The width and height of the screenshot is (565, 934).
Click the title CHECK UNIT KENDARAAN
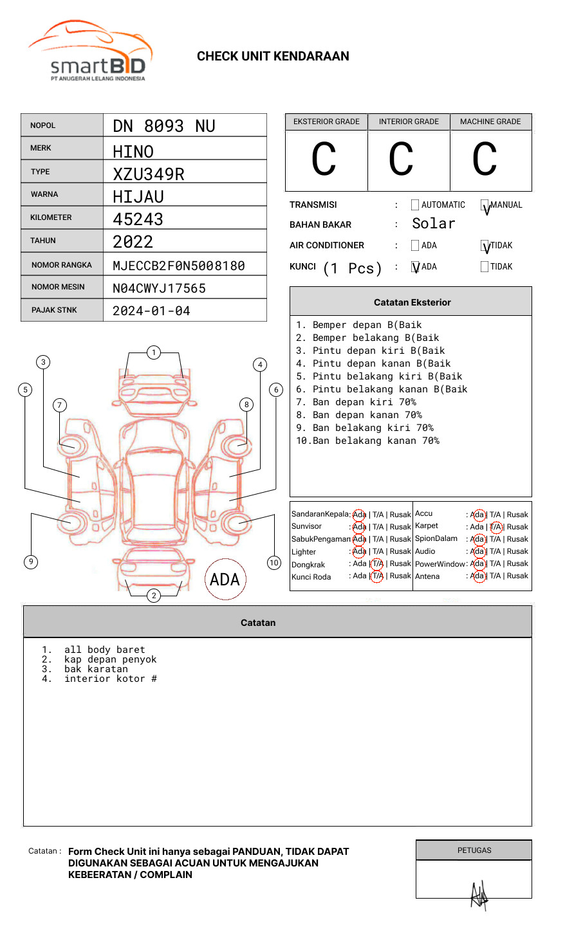tap(273, 57)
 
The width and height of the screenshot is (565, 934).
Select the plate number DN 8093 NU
tap(164, 126)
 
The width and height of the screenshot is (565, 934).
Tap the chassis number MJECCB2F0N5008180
tap(179, 266)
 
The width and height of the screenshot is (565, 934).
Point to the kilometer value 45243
tap(138, 219)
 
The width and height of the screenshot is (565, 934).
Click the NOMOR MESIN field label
tap(58, 287)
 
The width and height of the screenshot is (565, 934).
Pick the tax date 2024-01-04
tap(151, 311)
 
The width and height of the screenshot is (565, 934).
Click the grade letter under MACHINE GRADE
tap(485, 160)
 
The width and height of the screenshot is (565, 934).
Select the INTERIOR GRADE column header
tap(409, 122)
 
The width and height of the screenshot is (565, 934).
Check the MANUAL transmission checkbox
tap(485, 205)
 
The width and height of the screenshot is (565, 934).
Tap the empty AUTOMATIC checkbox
tap(415, 205)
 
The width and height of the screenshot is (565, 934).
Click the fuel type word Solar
tap(433, 224)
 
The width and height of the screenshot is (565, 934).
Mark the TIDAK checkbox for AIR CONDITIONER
tap(485, 246)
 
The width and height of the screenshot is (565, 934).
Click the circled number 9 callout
tap(31, 562)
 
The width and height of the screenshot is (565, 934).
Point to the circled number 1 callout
tap(153, 352)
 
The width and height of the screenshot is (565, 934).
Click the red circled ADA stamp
tap(225, 580)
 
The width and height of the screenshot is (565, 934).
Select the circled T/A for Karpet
tap(496, 527)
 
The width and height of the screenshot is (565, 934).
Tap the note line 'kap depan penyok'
tap(110, 659)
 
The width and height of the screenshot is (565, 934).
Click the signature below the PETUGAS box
tap(479, 895)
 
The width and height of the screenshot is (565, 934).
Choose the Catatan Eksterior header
tap(412, 302)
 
